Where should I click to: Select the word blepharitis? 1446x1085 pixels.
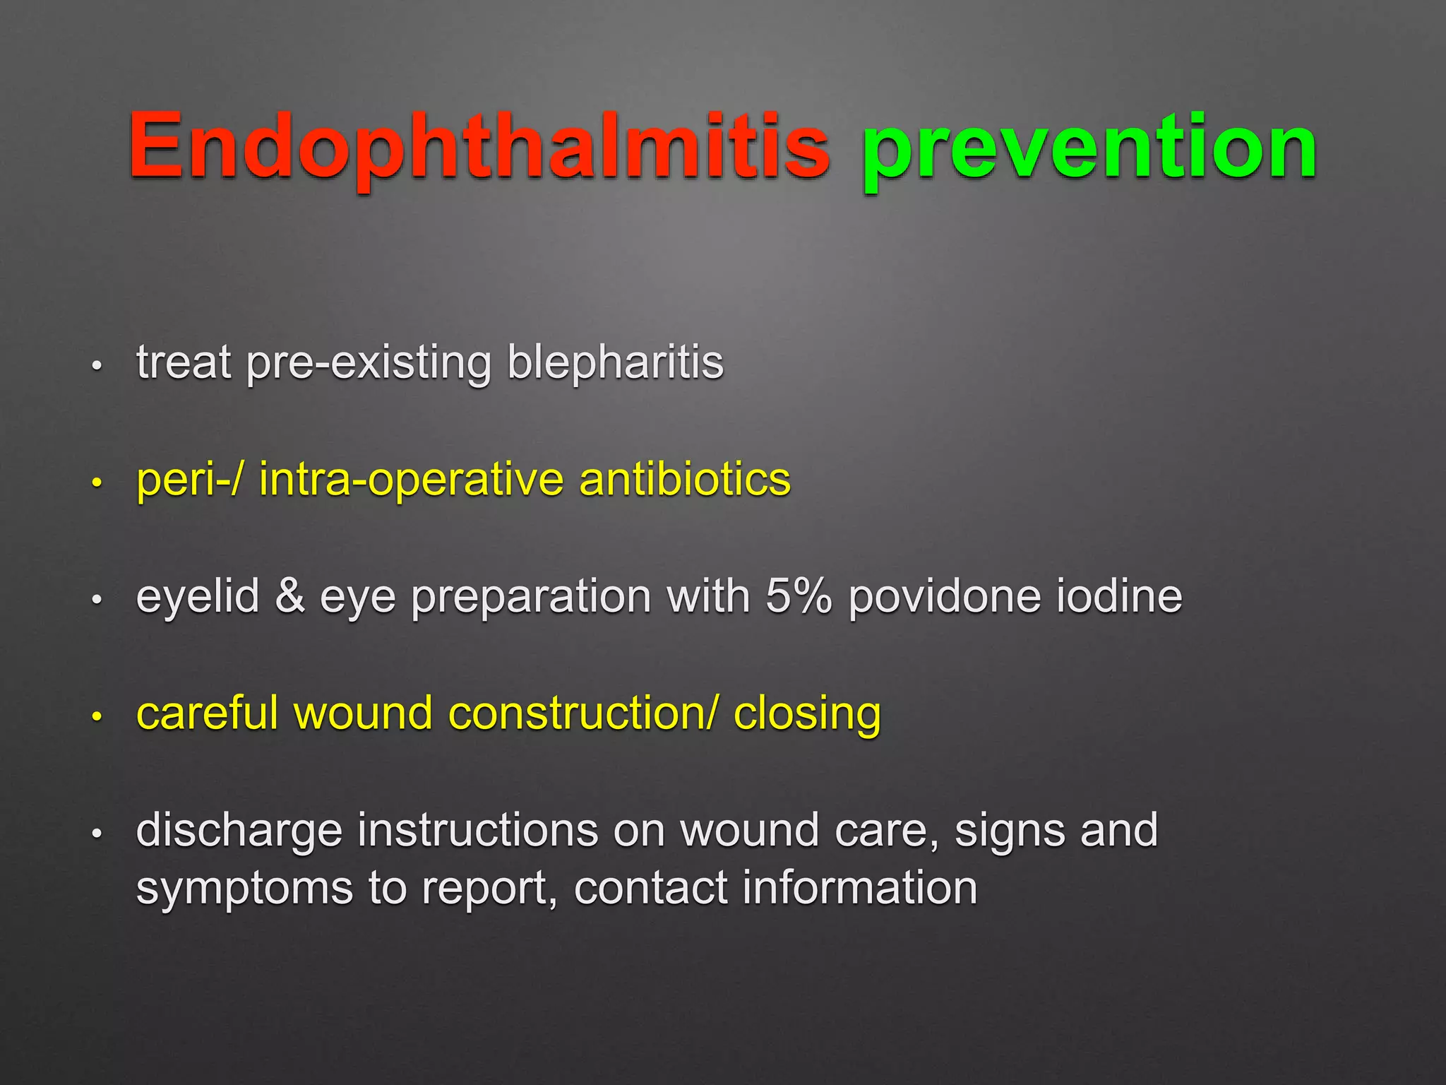[615, 363]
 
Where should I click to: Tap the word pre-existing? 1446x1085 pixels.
[369, 363]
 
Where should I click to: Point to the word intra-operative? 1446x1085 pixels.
[411, 480]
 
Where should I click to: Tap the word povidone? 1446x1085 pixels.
[944, 597]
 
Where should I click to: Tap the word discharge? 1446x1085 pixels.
[239, 831]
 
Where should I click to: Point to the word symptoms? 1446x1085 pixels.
[244, 889]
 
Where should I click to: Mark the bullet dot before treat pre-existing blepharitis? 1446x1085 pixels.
[97, 366]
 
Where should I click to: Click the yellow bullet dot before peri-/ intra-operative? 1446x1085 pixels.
[97, 483]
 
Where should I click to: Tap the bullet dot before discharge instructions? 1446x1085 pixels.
[97, 834]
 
